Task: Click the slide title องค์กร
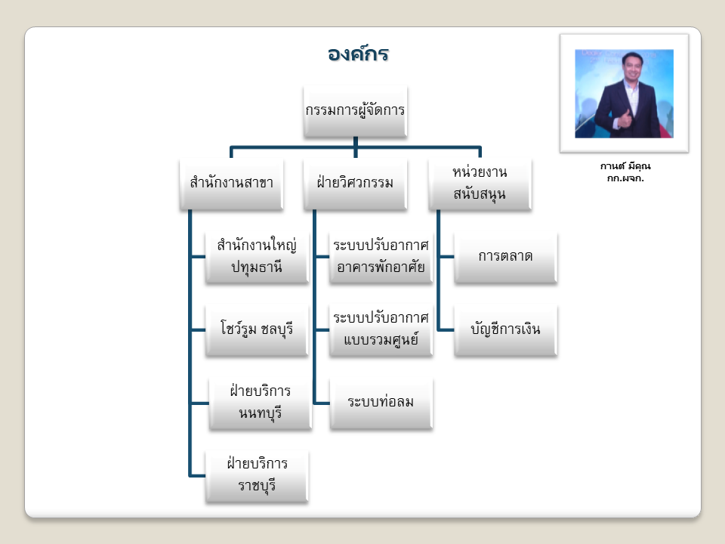pos(358,54)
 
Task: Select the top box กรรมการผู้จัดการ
pos(355,111)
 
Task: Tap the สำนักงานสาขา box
pos(231,184)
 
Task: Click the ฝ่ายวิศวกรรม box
pos(355,184)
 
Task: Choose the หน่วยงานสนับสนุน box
pos(480,184)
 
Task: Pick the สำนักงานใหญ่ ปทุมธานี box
pos(257,257)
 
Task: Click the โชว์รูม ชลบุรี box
pos(257,330)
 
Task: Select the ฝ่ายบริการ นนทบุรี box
pos(261,403)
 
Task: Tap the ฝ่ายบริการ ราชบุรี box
pos(257,476)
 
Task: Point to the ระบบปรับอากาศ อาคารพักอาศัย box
pos(381,257)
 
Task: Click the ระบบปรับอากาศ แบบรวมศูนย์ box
pos(381,330)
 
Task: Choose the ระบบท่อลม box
pos(381,403)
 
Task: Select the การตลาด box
pos(505,257)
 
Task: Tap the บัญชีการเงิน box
pos(505,330)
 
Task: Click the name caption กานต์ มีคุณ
pos(625,166)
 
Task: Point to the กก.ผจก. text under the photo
pos(625,178)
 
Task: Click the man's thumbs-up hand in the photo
pos(625,119)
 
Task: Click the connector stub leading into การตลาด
pos(446,257)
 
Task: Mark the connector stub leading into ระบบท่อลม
pos(322,403)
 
